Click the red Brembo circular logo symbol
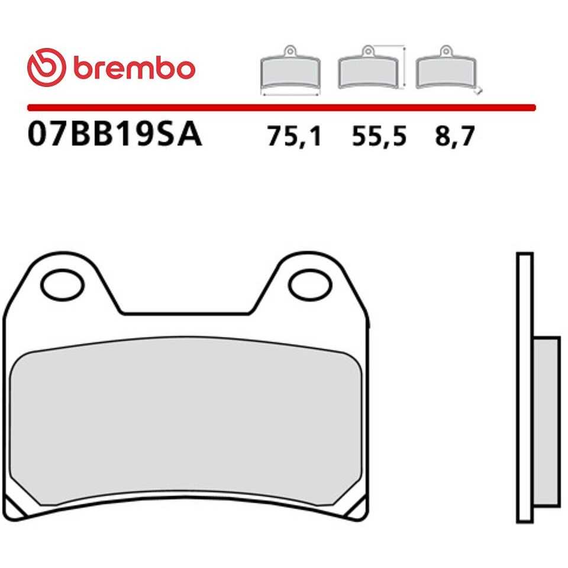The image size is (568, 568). [46, 67]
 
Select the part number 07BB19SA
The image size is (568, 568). [114, 134]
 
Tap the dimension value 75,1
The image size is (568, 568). [294, 137]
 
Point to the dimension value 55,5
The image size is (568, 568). [379, 137]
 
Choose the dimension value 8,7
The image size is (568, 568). [454, 137]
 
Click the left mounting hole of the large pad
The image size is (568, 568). [62, 285]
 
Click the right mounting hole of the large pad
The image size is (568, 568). [310, 285]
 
